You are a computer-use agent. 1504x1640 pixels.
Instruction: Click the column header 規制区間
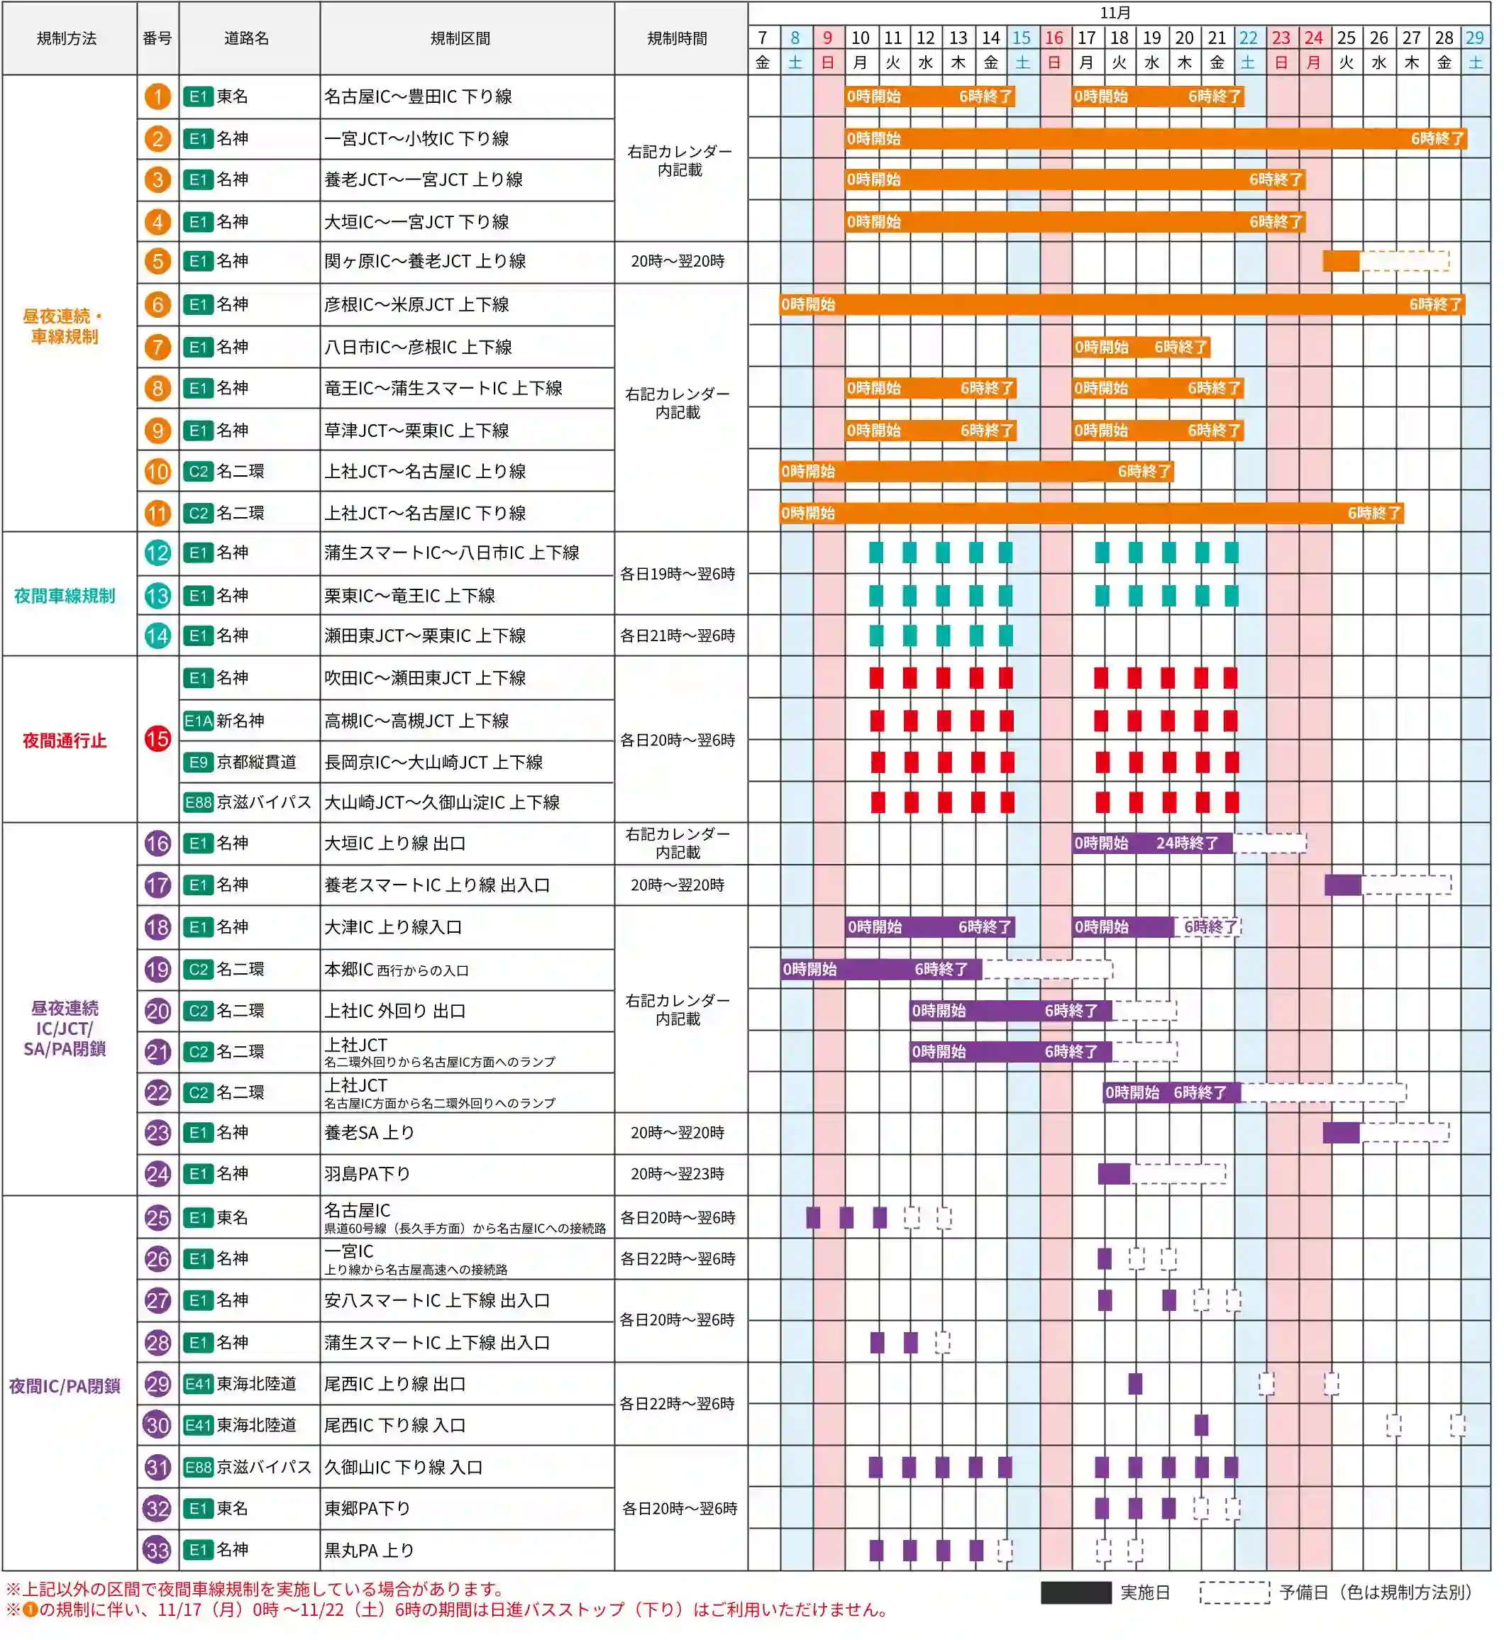point(460,38)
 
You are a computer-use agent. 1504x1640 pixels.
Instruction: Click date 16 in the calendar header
point(1054,38)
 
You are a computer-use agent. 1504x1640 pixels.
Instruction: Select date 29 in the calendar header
point(1474,38)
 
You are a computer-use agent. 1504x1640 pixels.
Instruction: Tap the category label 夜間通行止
point(65,741)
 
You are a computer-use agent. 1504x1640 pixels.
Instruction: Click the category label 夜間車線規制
point(65,596)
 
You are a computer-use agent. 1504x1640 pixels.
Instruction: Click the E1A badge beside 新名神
point(198,720)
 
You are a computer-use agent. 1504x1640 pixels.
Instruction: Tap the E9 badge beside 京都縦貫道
point(198,762)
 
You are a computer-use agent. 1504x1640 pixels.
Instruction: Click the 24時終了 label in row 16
point(1188,843)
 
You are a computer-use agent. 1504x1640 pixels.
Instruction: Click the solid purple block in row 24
point(1113,1174)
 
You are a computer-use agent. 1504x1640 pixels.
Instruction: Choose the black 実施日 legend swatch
point(1076,1592)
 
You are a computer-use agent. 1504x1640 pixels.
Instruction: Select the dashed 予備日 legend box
point(1234,1592)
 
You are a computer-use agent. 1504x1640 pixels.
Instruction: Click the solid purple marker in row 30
point(1201,1425)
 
